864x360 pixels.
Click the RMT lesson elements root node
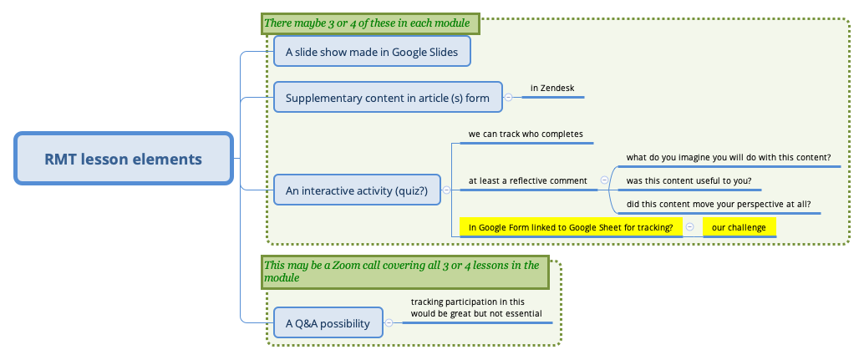pos(124,158)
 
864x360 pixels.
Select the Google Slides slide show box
pos(372,52)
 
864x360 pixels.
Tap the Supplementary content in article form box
pos(388,98)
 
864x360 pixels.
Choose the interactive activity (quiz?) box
pos(357,190)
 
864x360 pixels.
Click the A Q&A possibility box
pos(328,322)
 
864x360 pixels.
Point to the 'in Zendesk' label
pos(552,88)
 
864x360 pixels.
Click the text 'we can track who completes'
pos(526,134)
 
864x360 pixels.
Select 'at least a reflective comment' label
pos(527,180)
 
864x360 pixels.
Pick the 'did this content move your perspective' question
pos(719,204)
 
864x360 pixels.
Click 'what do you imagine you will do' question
pos(728,157)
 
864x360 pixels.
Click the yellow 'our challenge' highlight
pos(739,227)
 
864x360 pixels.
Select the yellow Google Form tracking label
pos(571,227)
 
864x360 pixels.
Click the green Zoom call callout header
pos(405,271)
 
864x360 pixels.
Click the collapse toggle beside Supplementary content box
pos(508,98)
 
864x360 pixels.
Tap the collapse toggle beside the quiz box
pos(446,190)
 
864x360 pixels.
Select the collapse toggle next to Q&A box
pos(389,322)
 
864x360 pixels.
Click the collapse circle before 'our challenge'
pos(689,226)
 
